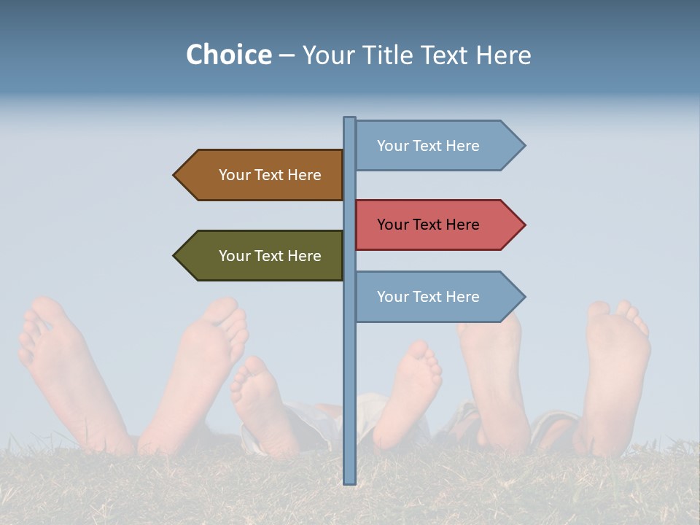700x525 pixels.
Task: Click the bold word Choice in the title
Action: [228, 55]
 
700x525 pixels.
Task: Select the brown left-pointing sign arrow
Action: [259, 175]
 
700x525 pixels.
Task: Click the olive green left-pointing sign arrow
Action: [259, 256]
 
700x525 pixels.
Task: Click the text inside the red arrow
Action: [428, 225]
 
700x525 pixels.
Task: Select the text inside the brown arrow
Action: [270, 175]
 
